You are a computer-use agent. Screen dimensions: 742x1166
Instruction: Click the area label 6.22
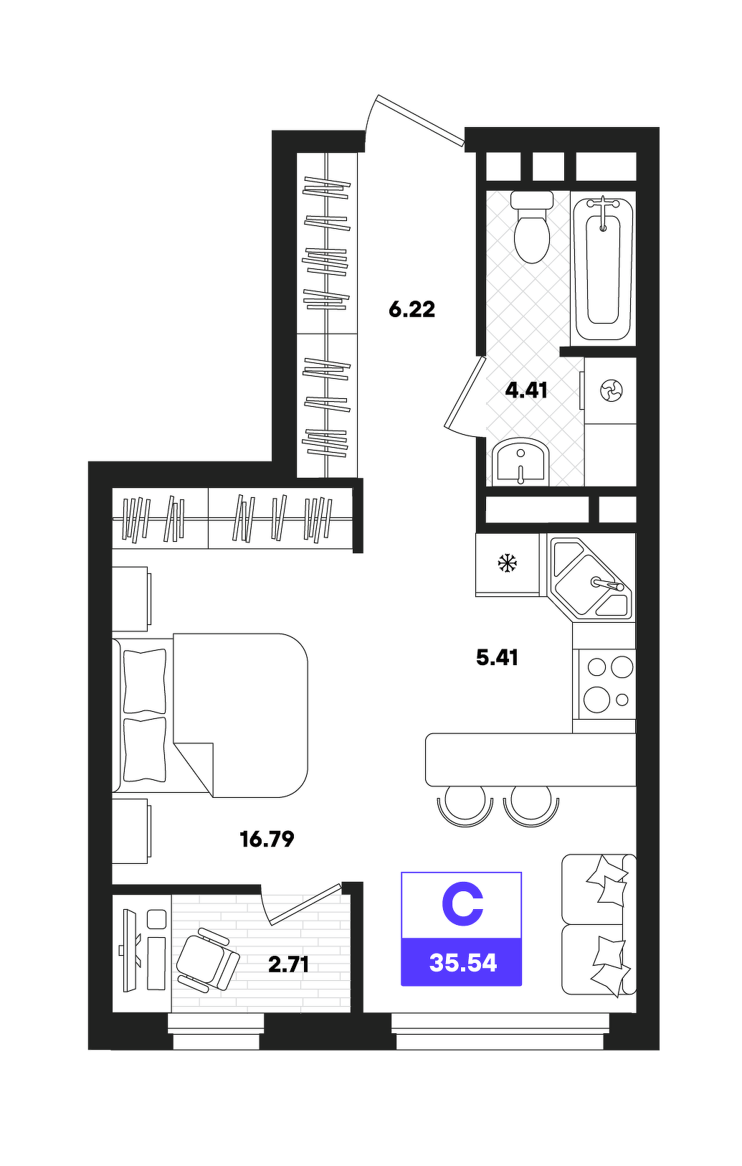pyautogui.click(x=412, y=310)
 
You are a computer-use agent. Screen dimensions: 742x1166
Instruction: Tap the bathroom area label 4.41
pyautogui.click(x=526, y=390)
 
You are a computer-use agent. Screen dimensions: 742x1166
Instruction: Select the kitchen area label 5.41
pyautogui.click(x=497, y=657)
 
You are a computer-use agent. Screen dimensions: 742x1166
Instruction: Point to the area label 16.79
pyautogui.click(x=267, y=839)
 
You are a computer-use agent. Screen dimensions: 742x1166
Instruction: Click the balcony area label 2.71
pyautogui.click(x=289, y=964)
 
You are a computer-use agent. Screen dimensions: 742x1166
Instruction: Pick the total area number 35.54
pyautogui.click(x=463, y=963)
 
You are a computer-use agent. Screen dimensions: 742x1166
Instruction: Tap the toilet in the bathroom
pyautogui.click(x=531, y=227)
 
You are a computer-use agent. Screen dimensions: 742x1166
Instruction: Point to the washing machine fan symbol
pyautogui.click(x=611, y=390)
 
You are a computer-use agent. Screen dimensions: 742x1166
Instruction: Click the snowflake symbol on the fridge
pyautogui.click(x=508, y=563)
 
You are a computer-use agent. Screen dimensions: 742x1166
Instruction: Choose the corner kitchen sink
pyautogui.click(x=591, y=579)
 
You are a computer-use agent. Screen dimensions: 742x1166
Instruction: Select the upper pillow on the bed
pyautogui.click(x=145, y=681)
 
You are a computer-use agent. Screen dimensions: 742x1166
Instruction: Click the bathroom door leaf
pyautogui.click(x=465, y=392)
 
